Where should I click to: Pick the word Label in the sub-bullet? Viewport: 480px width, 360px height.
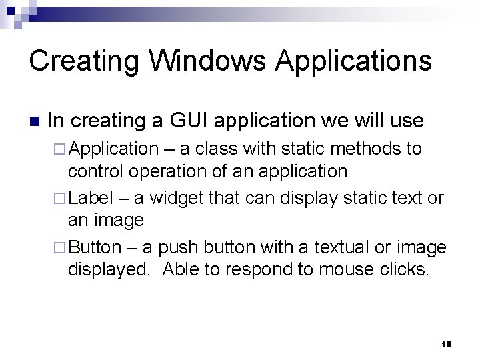[91, 197]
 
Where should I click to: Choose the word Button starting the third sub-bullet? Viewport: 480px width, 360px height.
[95, 247]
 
